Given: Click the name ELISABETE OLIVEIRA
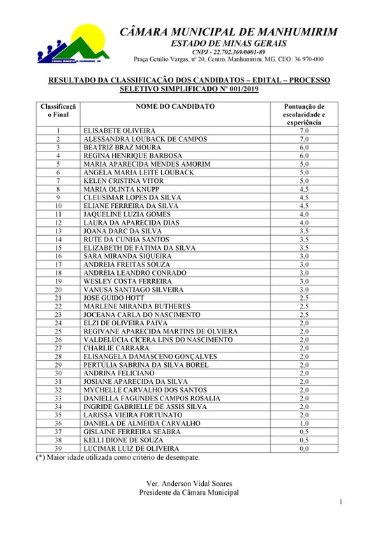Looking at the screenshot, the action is [119, 131].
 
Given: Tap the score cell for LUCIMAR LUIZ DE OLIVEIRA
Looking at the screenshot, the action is [304, 449].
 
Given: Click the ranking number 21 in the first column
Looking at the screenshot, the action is [58, 298].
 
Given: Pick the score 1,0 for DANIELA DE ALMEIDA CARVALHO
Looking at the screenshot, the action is [304, 424].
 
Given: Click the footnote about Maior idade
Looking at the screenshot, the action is [117, 458].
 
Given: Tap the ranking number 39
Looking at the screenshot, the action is [58, 449].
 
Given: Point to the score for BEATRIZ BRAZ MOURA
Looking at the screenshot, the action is [304, 147].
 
